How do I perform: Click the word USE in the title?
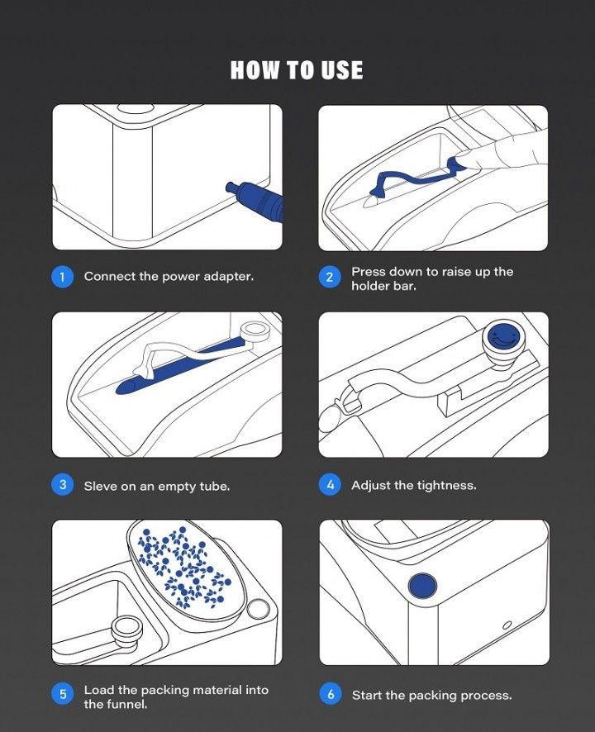point(342,70)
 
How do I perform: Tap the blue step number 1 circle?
point(62,277)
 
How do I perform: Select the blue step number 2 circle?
point(330,278)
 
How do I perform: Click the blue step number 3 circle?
point(63,485)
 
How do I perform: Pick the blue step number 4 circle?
point(331,485)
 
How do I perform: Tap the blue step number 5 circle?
point(63,694)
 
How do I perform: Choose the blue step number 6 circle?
point(331,694)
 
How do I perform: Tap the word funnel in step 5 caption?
point(127,704)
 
